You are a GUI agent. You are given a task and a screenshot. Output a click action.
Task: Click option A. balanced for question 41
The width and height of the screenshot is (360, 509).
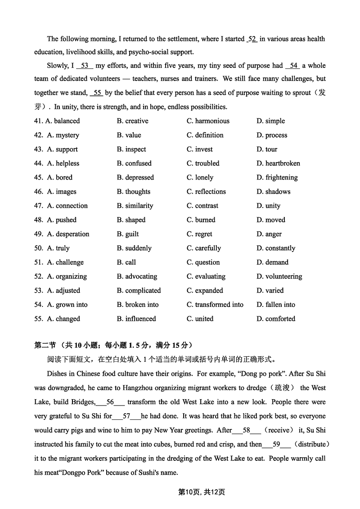click(x=63, y=121)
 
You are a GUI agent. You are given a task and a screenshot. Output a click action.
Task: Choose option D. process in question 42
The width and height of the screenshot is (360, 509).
click(x=272, y=135)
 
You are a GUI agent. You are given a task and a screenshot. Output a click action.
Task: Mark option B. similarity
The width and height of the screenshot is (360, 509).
click(x=135, y=206)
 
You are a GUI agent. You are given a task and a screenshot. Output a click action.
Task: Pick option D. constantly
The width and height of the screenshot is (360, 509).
click(x=276, y=248)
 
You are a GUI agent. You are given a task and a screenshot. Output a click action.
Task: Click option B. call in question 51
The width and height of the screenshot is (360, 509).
click(x=126, y=262)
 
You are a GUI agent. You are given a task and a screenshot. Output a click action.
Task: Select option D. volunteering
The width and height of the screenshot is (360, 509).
click(x=279, y=276)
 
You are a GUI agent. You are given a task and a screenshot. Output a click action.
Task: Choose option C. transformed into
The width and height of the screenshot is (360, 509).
click(x=215, y=305)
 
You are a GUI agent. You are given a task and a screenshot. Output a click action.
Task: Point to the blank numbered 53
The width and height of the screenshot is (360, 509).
click(x=85, y=66)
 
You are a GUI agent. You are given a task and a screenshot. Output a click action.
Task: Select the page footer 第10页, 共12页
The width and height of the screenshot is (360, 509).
click(x=202, y=492)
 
